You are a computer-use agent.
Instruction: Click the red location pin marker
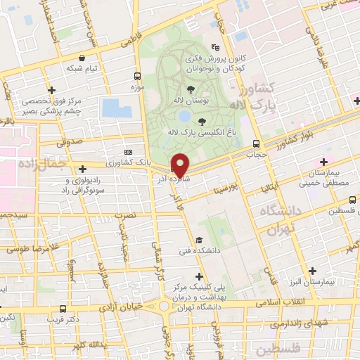pos(181,165)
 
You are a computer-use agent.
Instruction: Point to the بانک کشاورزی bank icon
pos(128,151)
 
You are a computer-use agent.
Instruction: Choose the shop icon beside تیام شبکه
pos(84,58)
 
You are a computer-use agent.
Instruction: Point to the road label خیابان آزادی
pos(120,306)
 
